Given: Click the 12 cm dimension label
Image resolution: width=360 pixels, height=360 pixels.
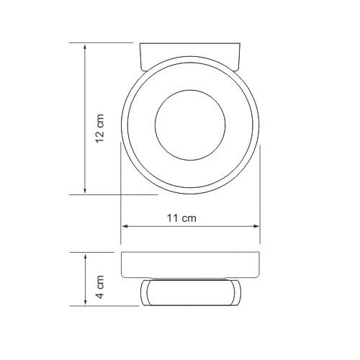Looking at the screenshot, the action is (100, 129).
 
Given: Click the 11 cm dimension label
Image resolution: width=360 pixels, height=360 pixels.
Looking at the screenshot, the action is (181, 218).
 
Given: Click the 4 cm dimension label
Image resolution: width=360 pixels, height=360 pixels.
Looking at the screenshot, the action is (100, 287).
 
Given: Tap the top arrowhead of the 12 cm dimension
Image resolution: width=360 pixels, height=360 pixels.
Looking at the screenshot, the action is (85, 48).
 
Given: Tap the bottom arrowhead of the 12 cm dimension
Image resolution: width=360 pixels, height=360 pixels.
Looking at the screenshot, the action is (85, 190).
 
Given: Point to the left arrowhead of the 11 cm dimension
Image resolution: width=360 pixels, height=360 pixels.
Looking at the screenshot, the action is (125, 226).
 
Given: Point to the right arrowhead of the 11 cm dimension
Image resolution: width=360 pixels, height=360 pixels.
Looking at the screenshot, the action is (256, 226).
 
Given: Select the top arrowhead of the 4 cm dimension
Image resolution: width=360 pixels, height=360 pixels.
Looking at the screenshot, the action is (85, 257).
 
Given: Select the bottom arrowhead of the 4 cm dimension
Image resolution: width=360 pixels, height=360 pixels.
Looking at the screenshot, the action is (85, 302).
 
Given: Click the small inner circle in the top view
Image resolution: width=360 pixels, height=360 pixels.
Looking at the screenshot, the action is (190, 90).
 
